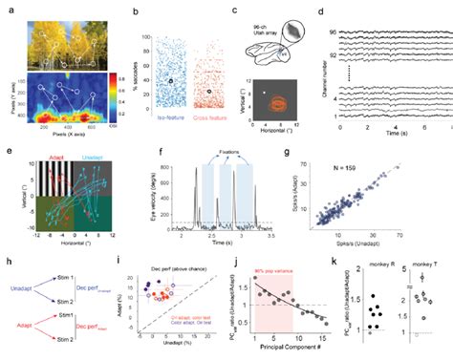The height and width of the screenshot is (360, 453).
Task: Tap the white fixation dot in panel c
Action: (263, 94)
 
